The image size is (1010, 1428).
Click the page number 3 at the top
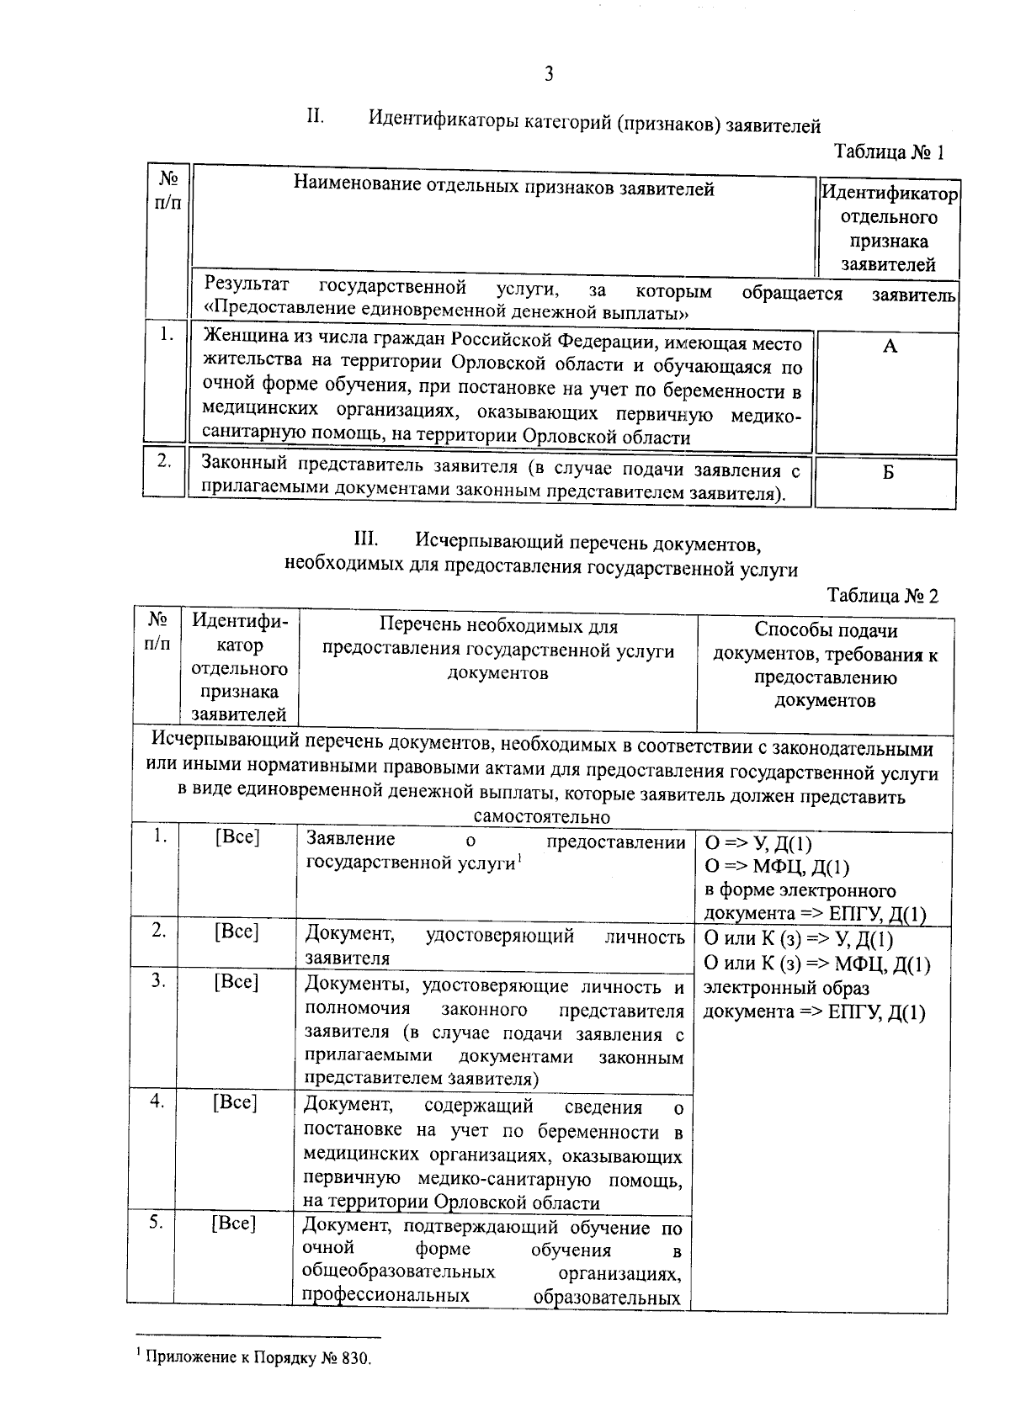[x=549, y=74]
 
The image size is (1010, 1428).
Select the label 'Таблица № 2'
[x=882, y=596]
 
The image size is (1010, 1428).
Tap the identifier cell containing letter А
[x=890, y=346]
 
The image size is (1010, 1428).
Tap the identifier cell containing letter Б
[x=888, y=472]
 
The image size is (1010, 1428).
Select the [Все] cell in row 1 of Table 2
[x=237, y=837]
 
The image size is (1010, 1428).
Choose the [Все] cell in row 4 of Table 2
[x=235, y=1102]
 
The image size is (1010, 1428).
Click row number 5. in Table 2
[x=157, y=1223]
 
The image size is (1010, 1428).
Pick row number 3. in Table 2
[x=158, y=981]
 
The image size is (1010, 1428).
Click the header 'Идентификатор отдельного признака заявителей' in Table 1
[x=889, y=229]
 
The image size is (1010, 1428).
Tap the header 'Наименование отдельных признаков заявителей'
[x=503, y=188]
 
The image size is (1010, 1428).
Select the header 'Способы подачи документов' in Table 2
[x=826, y=665]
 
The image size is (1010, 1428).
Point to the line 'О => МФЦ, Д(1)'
[x=776, y=867]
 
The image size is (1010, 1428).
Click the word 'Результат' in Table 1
[x=247, y=285]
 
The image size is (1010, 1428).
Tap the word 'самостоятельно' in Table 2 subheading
[x=541, y=817]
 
